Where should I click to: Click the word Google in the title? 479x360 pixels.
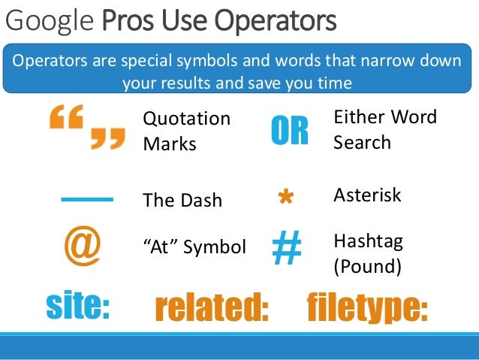point(50,20)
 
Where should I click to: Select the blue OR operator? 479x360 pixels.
point(289,131)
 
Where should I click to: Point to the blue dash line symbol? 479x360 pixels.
point(86,199)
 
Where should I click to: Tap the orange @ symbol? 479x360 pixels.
point(82,247)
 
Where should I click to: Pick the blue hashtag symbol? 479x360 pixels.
point(285,249)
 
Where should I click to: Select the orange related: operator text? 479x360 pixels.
point(211,308)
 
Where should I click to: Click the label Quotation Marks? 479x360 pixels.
point(186,131)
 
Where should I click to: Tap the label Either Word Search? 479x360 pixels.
point(384,129)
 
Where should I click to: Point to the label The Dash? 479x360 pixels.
point(182,201)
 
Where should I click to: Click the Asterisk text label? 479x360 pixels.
point(367,195)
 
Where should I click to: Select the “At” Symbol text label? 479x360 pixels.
point(194,247)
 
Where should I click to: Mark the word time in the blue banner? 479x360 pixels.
point(333,83)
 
